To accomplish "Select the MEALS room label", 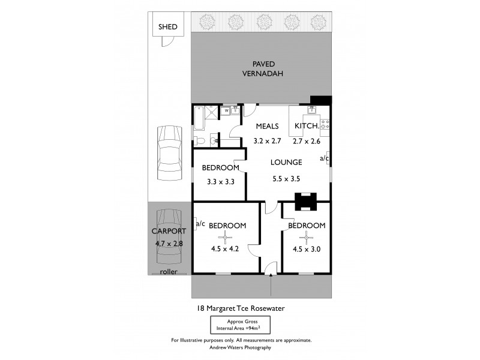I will pos(267,126).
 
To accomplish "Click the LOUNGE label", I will pos(286,163).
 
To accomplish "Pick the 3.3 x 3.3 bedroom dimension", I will pos(220,181).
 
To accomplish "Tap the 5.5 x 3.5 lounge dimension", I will pos(286,178).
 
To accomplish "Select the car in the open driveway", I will pos(168,154).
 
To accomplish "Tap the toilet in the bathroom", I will pos(201,141).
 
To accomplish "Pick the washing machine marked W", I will pos(226,110).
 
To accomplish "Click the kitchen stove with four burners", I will pos(325,125).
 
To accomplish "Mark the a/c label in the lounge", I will pos(324,158).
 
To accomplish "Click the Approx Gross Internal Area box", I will pos(239,326).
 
